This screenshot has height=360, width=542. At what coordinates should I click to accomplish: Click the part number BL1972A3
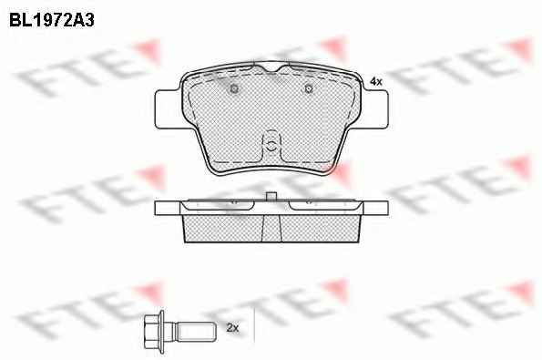pyautogui.click(x=52, y=20)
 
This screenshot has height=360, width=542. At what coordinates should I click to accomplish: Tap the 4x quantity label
pyautogui.click(x=376, y=82)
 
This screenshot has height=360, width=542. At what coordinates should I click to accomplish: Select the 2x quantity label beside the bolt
pyautogui.click(x=232, y=327)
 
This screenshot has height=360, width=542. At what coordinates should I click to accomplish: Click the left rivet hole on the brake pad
pyautogui.click(x=234, y=89)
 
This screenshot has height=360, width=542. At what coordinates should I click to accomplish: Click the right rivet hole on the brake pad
pyautogui.click(x=309, y=89)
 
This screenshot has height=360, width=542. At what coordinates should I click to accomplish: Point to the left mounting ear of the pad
pyautogui.click(x=168, y=109)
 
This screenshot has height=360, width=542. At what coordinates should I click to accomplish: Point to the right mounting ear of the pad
pyautogui.click(x=375, y=109)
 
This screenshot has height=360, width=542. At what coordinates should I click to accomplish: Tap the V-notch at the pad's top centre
pyautogui.click(x=271, y=68)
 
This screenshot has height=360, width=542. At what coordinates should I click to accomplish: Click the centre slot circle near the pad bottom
pyautogui.click(x=271, y=145)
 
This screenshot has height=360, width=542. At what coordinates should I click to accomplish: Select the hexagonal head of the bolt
pyautogui.click(x=153, y=332)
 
